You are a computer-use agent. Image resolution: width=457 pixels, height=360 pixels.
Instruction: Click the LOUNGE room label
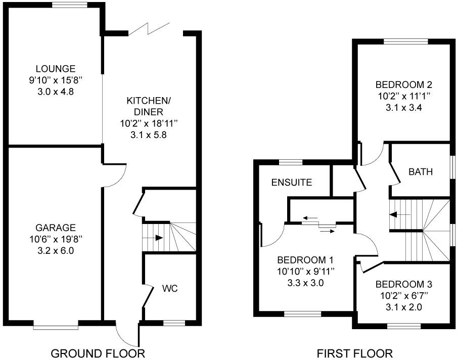pos(55,69)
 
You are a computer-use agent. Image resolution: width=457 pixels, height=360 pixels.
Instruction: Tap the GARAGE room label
pos(55,228)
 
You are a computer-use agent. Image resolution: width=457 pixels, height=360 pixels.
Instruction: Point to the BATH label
pos(421,171)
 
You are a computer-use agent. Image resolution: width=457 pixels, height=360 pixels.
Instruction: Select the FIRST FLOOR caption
pos(354,352)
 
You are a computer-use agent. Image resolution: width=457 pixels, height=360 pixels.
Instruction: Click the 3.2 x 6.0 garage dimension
pos(55,250)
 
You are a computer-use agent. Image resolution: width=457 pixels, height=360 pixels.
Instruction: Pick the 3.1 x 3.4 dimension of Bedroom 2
pos(403,107)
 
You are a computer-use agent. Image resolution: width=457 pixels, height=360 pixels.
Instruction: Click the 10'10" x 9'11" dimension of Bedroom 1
pos(305,272)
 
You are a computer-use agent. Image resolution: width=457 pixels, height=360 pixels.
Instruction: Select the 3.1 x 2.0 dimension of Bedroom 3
pos(403,307)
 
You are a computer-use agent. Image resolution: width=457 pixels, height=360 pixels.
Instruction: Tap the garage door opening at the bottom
pos(56,327)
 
